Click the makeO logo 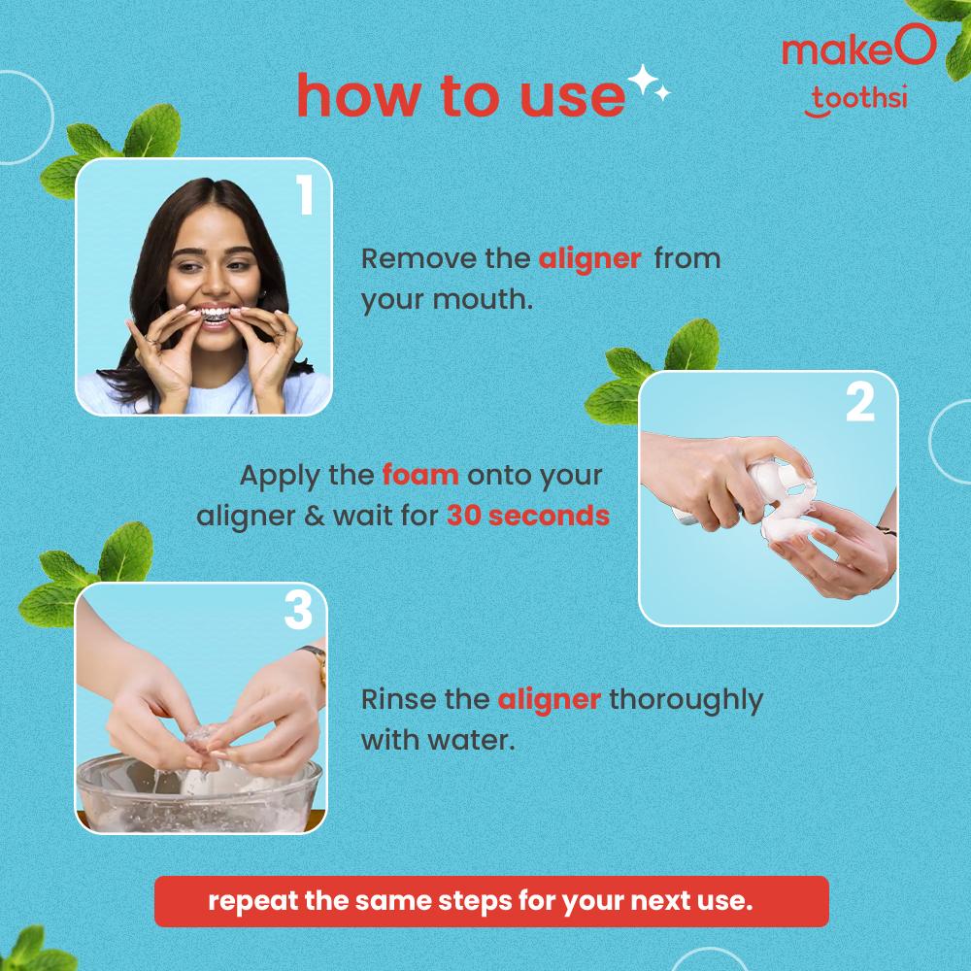pos(858,47)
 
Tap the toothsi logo pos(856,100)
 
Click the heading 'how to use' pos(461,96)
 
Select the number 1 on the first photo pos(305,194)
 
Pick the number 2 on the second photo pos(860,403)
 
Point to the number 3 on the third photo pos(298,610)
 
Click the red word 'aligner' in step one pos(589,260)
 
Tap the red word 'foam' pos(420,475)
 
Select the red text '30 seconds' pos(528,516)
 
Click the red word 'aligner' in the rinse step pos(549,700)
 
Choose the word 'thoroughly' pos(686,700)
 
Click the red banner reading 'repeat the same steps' pos(491,901)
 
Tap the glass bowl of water pos(199,793)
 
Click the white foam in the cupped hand pos(787,527)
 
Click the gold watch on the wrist pos(316,662)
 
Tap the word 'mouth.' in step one pos(482,300)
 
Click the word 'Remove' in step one pos(415,259)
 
